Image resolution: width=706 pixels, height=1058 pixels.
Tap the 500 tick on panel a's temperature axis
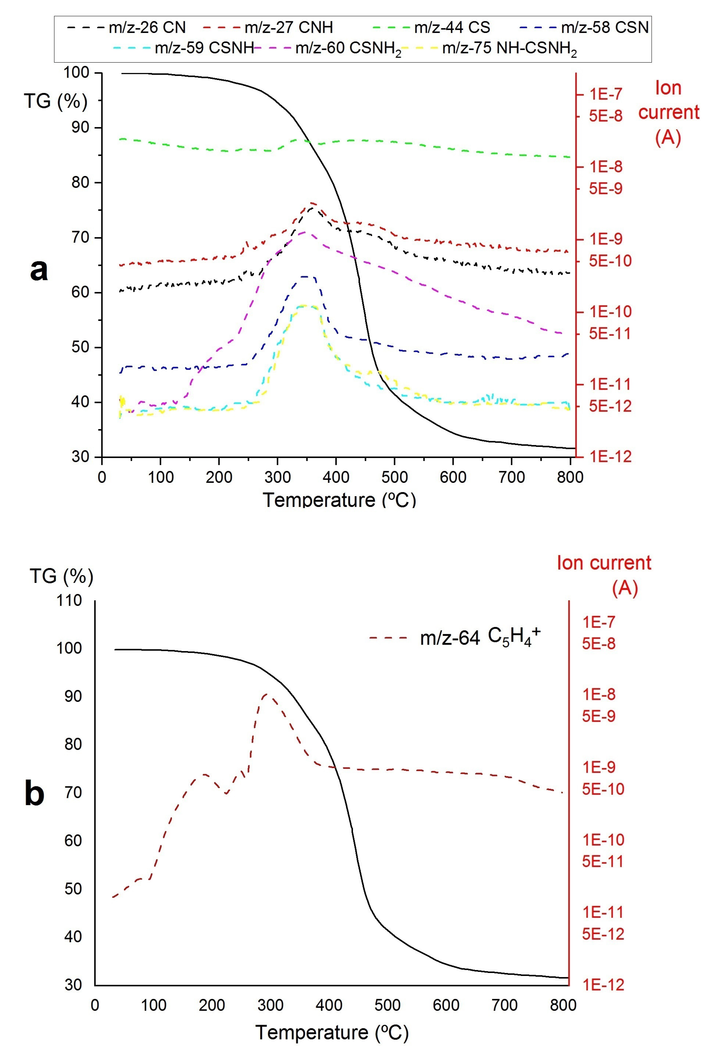pos(394,477)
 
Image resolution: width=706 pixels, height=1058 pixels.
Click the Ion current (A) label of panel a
pos(668,112)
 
